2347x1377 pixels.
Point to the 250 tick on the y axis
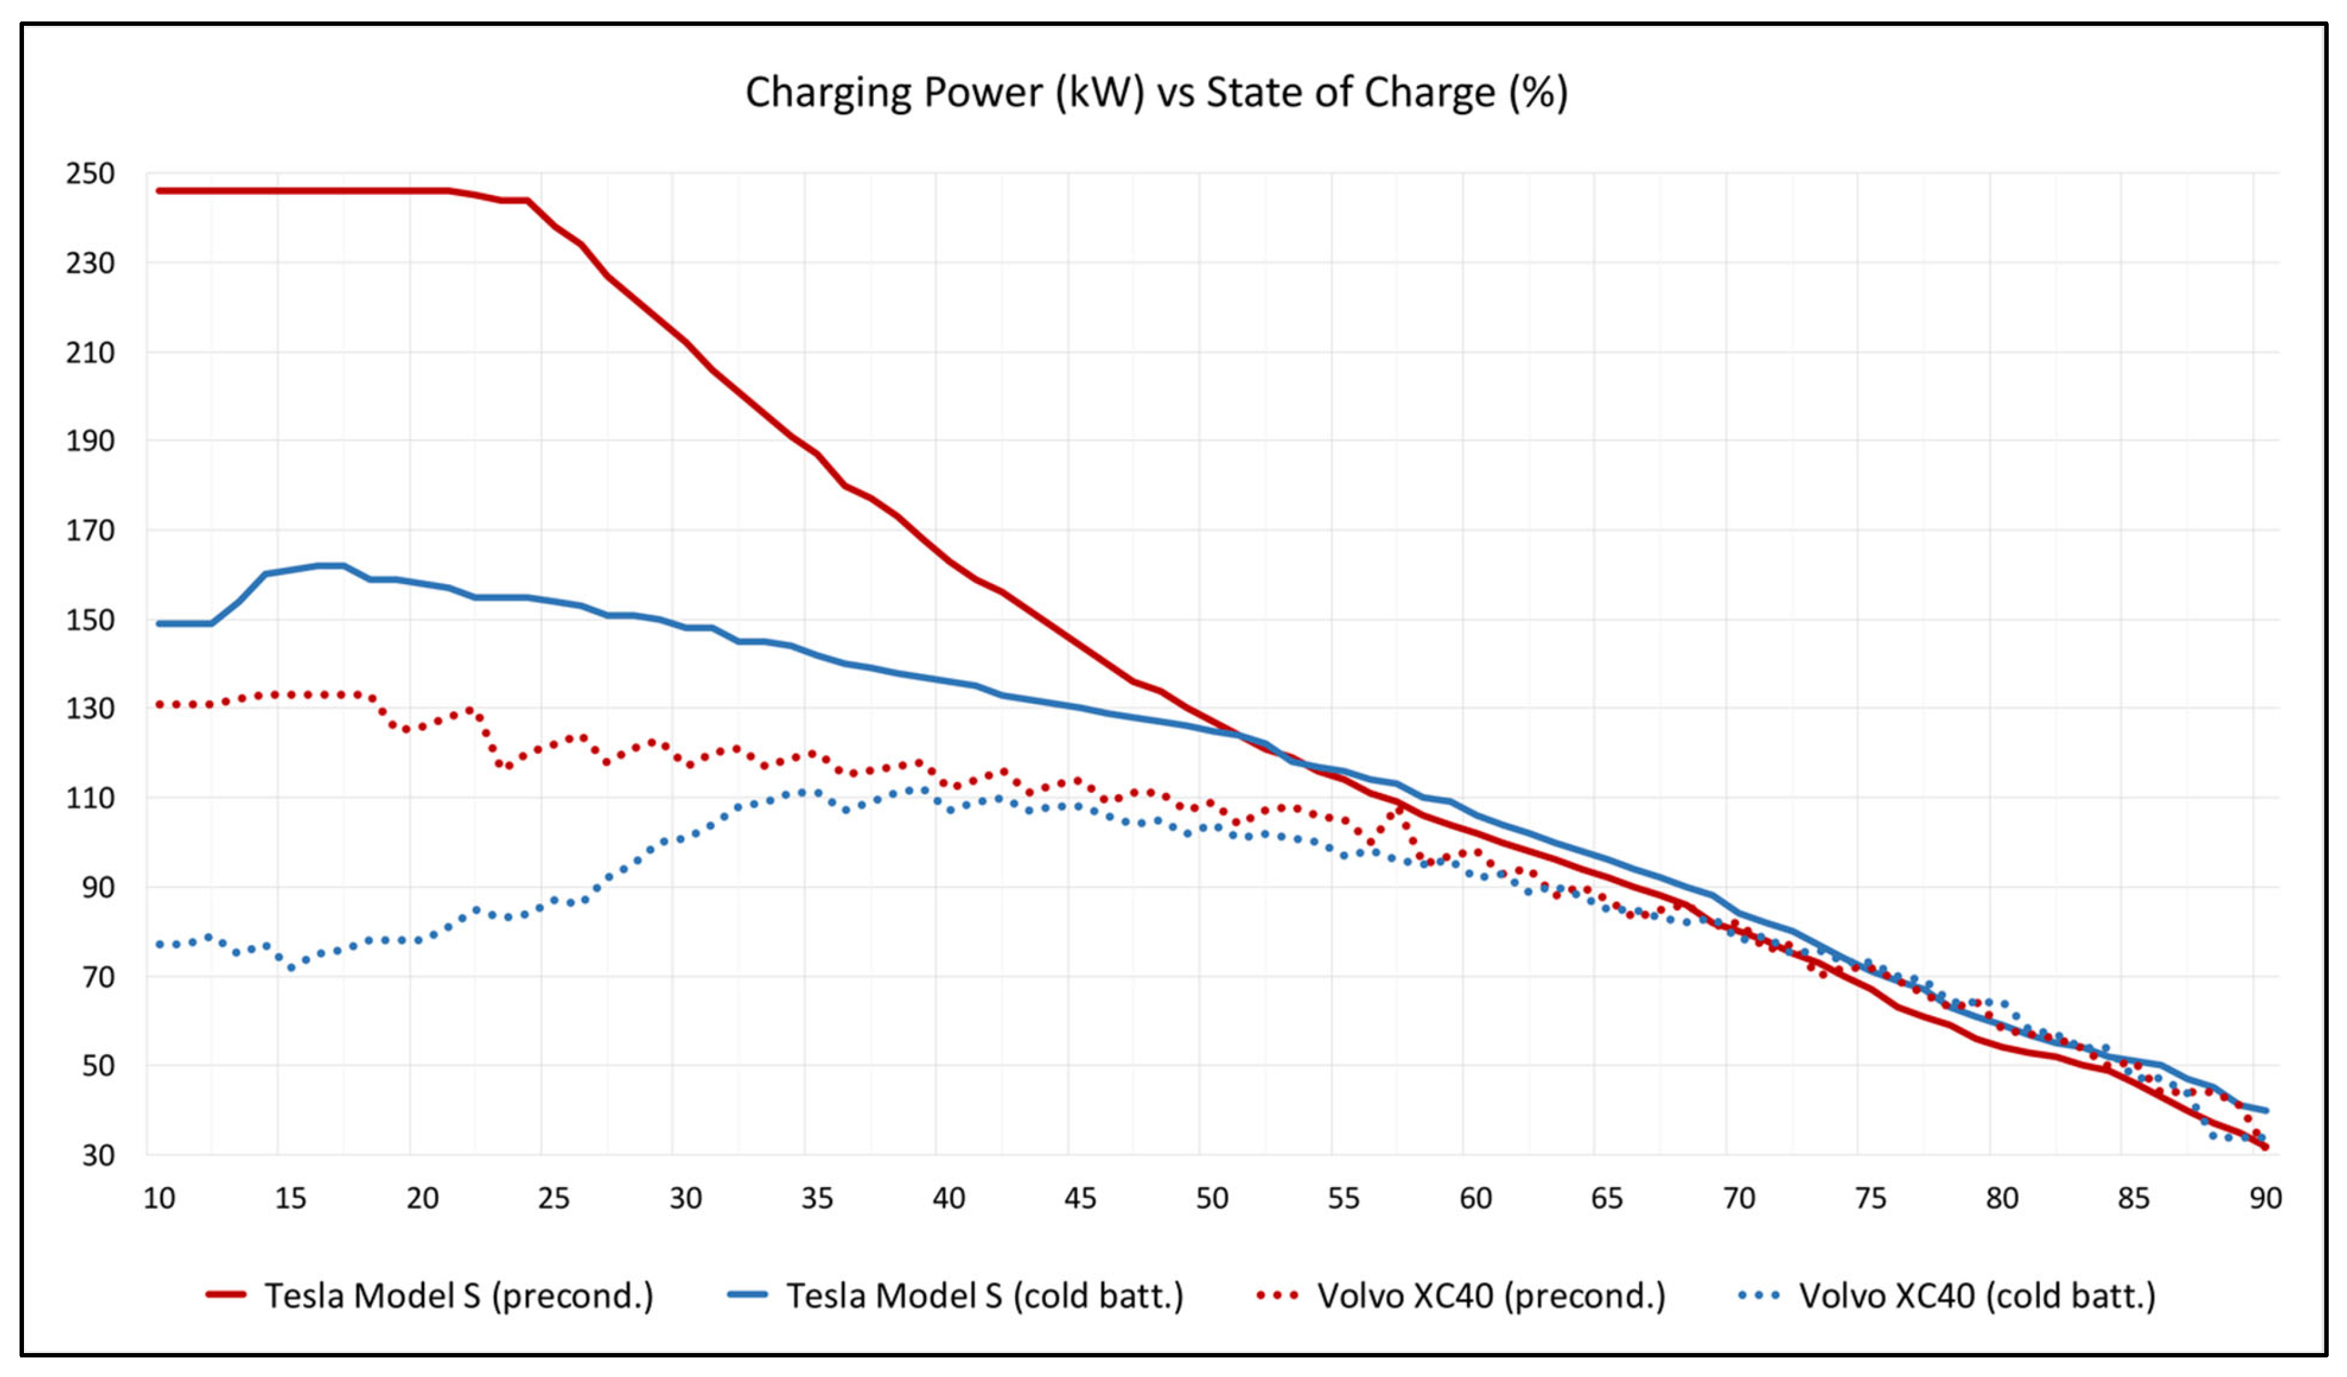90,174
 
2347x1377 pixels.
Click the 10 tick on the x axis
159,1198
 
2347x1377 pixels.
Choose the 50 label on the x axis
1212,1198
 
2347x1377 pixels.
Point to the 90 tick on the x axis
2265,1198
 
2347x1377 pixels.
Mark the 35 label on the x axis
817,1198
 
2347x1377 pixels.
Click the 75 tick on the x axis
1870,1198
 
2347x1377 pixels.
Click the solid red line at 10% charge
160,191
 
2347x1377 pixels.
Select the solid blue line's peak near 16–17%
330,566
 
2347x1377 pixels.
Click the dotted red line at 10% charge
160,705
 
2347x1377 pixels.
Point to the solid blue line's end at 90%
2265,1111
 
